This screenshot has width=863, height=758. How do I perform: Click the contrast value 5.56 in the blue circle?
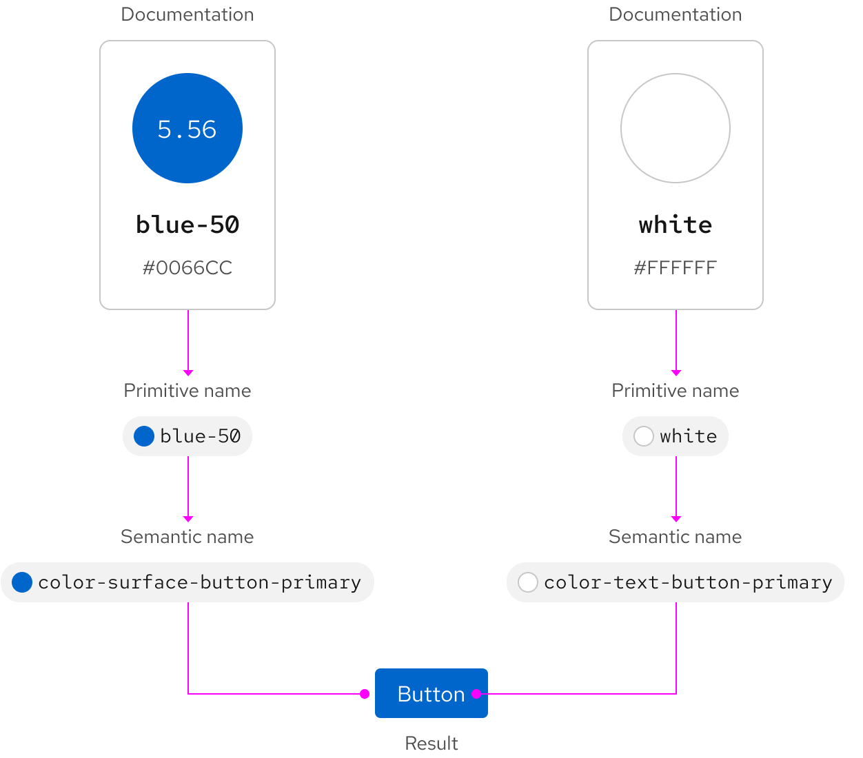click(x=187, y=130)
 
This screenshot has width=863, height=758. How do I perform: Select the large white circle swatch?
click(x=676, y=128)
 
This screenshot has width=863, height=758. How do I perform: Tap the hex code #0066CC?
click(x=187, y=267)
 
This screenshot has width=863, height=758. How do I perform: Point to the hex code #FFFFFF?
click(x=676, y=267)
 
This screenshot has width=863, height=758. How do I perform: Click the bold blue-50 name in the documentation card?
click(x=187, y=225)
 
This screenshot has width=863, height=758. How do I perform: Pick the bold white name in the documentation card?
click(x=676, y=225)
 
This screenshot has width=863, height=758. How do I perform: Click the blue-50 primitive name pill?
click(x=187, y=436)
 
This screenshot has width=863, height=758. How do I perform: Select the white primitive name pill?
click(x=676, y=436)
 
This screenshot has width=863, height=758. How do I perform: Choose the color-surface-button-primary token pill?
click(x=187, y=582)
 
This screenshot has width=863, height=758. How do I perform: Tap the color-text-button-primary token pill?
click(x=676, y=582)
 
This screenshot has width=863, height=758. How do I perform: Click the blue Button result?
click(x=431, y=693)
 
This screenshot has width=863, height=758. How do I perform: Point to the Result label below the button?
click(x=431, y=743)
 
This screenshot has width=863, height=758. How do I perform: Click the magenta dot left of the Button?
click(x=365, y=694)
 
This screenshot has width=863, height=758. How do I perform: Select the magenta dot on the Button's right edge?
click(x=476, y=694)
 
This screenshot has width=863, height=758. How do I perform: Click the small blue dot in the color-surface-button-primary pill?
click(x=22, y=582)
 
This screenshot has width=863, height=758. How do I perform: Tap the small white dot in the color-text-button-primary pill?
click(x=528, y=582)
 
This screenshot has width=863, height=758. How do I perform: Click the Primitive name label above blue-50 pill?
click(x=187, y=391)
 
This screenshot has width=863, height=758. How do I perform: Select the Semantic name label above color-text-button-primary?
click(x=676, y=537)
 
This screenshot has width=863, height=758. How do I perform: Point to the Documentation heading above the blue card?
click(x=187, y=14)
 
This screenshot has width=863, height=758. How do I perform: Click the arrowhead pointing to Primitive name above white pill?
click(x=676, y=373)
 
